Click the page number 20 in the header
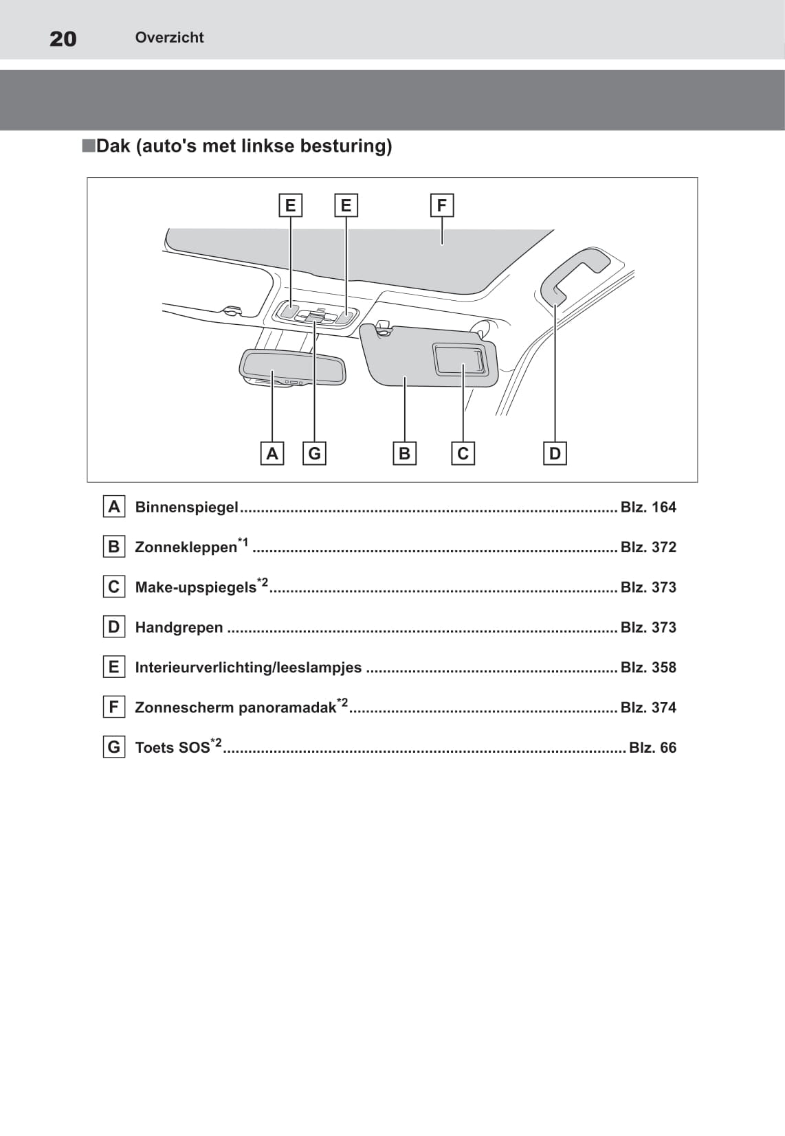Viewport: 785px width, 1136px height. (x=63, y=38)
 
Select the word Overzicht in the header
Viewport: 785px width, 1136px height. (x=169, y=38)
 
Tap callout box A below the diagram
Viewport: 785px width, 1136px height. (x=272, y=453)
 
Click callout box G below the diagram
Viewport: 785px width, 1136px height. (x=314, y=453)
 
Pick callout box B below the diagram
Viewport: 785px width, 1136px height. (x=404, y=453)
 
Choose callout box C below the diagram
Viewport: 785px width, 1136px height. (x=463, y=453)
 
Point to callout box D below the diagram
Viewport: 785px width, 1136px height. (x=555, y=453)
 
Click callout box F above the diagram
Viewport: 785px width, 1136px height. (x=441, y=205)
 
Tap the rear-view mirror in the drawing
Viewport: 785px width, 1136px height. (x=292, y=367)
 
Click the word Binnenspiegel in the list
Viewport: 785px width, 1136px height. (x=186, y=508)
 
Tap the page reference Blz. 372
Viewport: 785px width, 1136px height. (x=648, y=547)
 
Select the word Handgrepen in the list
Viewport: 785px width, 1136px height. (x=179, y=628)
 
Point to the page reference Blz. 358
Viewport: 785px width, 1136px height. (x=648, y=668)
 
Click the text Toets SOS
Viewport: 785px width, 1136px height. (x=173, y=748)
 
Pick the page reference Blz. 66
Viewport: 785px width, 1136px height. (x=652, y=748)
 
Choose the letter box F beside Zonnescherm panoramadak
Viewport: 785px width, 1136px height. (x=113, y=707)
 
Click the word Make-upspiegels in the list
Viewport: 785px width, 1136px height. (x=195, y=588)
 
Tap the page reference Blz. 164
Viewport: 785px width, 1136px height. (x=648, y=508)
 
